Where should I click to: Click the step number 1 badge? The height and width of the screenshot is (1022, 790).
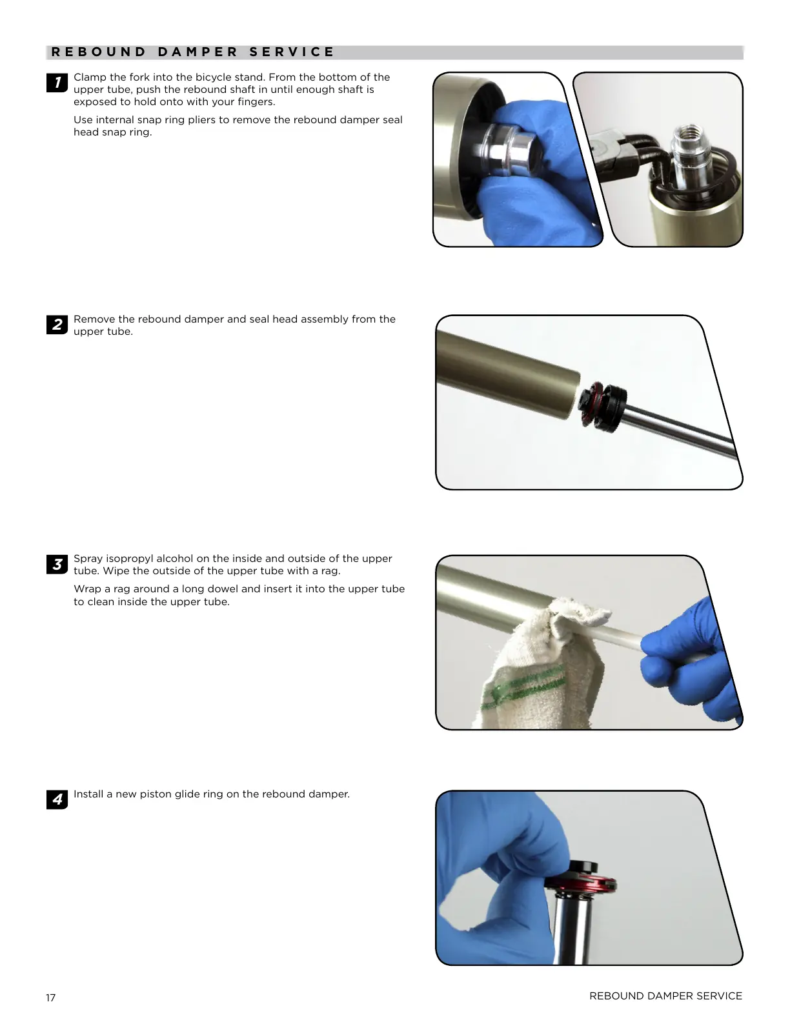[57, 83]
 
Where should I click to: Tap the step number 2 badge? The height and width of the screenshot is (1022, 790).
[57, 325]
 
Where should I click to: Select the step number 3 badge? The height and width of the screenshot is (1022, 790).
[57, 565]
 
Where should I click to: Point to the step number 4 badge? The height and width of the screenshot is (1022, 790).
[57, 799]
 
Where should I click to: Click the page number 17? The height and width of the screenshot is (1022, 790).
[51, 997]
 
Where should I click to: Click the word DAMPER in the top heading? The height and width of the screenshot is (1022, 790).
[197, 52]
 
